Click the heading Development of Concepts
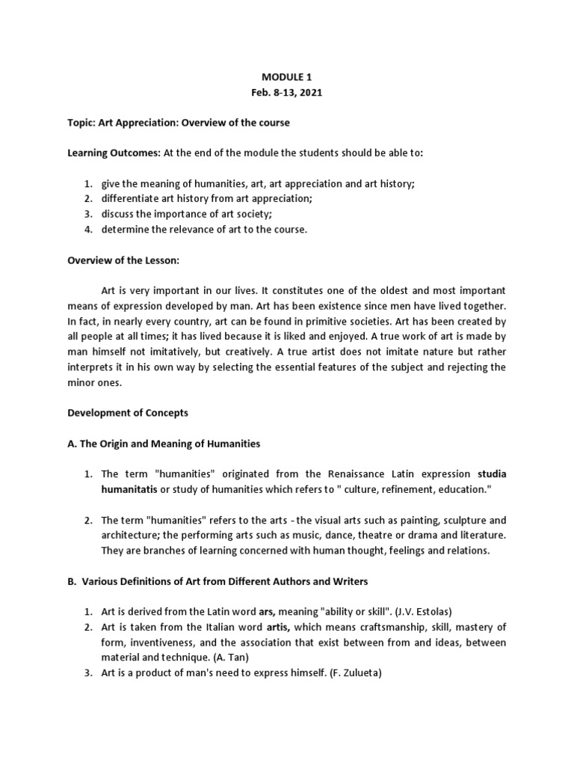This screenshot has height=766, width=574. (128, 412)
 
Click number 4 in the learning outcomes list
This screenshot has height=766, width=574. (87, 230)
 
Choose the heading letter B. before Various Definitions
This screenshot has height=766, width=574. (72, 581)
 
